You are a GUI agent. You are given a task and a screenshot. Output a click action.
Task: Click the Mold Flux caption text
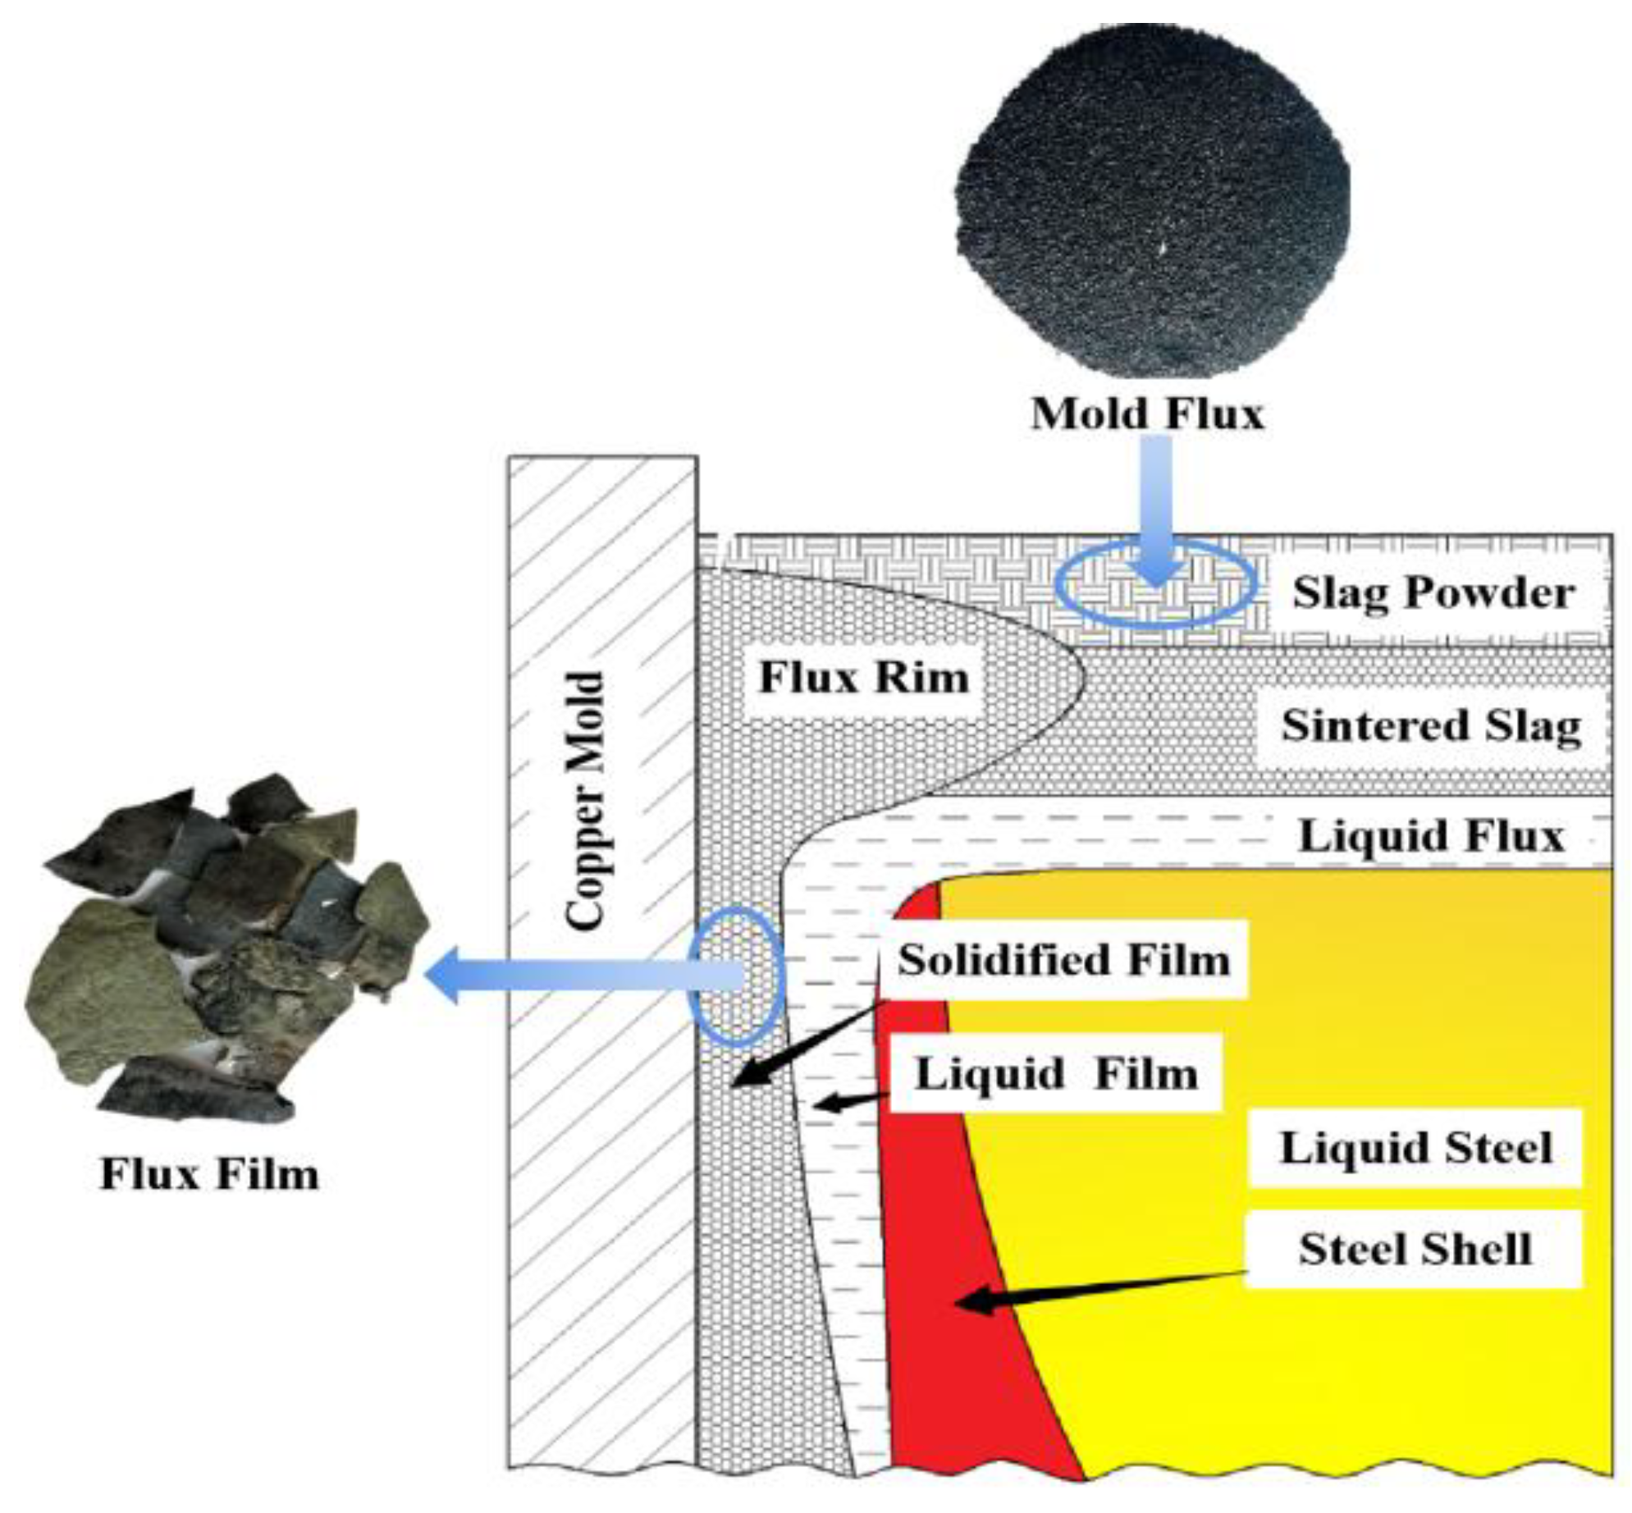tap(1146, 414)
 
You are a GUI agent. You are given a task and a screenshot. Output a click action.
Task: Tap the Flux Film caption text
tap(209, 1174)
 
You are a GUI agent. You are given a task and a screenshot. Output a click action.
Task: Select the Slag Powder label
tap(1433, 592)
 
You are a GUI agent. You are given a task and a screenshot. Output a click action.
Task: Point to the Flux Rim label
tap(863, 678)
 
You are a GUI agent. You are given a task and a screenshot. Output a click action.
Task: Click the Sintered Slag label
tap(1431, 726)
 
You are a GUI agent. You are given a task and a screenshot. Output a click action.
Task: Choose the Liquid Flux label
tap(1432, 836)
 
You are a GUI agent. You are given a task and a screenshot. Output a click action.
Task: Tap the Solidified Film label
tap(1063, 959)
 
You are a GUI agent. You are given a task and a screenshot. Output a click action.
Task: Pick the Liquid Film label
tap(1056, 1073)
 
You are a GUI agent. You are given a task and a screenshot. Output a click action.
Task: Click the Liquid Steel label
tap(1415, 1147)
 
